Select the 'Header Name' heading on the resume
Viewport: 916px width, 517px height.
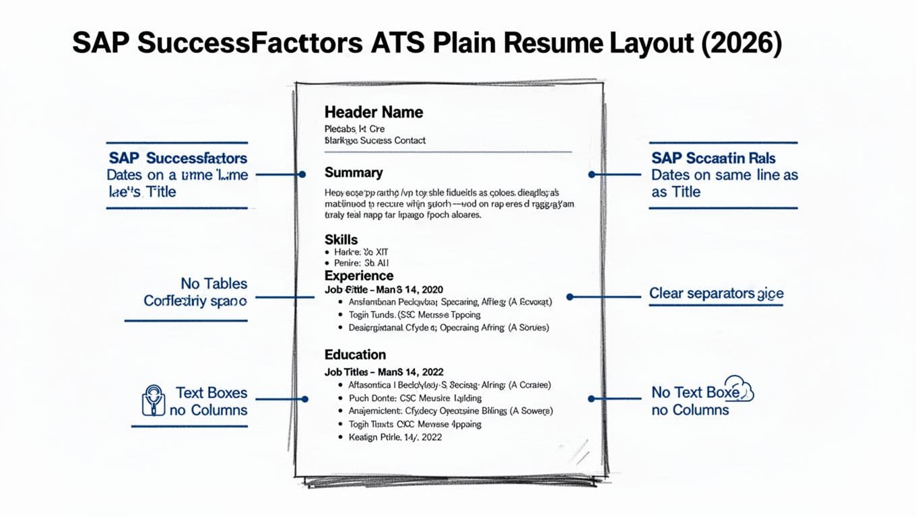coord(373,112)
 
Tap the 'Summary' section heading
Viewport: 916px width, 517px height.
coord(354,173)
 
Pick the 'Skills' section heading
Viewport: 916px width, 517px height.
coord(341,240)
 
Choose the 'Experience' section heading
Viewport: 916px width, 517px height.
coord(358,276)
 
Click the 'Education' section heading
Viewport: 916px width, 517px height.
coord(355,355)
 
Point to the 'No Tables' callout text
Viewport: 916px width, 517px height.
coord(214,284)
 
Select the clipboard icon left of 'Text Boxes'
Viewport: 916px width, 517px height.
coord(154,400)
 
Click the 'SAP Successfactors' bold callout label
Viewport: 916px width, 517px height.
coord(178,159)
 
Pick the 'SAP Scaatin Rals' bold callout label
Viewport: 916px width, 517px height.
coord(713,159)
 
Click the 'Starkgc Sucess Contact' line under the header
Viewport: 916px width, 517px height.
coord(374,141)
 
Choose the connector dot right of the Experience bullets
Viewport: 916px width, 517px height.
coord(570,296)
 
